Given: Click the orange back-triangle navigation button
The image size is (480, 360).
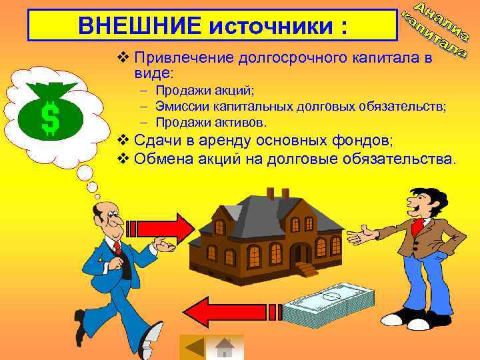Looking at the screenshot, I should coord(194,347).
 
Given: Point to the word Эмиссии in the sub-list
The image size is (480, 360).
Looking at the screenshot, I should coord(180,106).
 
